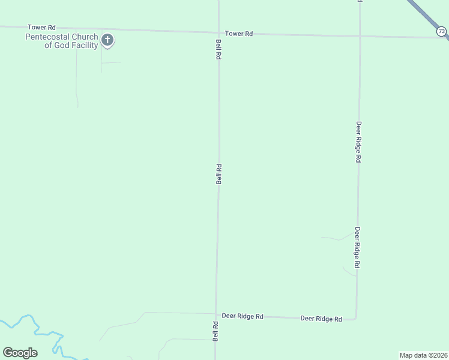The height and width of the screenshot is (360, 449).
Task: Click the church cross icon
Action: pyautogui.click(x=107, y=41)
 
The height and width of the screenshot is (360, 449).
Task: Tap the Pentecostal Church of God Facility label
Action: pyautogui.click(x=61, y=41)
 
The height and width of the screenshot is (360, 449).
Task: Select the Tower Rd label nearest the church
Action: pyautogui.click(x=41, y=28)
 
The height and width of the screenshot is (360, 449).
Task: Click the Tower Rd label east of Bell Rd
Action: pyautogui.click(x=239, y=34)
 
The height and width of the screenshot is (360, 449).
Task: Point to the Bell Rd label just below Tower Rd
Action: pyautogui.click(x=219, y=49)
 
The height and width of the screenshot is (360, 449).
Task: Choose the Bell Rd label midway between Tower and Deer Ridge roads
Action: pyautogui.click(x=219, y=174)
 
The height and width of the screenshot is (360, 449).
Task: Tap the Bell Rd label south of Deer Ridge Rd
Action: pyautogui.click(x=215, y=331)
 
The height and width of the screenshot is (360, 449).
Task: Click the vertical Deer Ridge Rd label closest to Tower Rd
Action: pyautogui.click(x=358, y=142)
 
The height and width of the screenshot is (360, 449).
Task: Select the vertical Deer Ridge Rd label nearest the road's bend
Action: pyautogui.click(x=357, y=247)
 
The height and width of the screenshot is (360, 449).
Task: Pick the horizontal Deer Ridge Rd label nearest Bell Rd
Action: pyautogui.click(x=243, y=316)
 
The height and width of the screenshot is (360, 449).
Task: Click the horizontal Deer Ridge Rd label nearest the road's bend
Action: pyautogui.click(x=321, y=319)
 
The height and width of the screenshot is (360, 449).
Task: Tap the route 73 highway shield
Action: pyautogui.click(x=442, y=31)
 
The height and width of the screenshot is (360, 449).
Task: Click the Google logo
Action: pyautogui.click(x=20, y=353)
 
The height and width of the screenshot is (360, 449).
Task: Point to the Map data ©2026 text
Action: pyautogui.click(x=424, y=355)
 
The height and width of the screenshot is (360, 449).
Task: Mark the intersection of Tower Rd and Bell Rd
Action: pyautogui.click(x=218, y=32)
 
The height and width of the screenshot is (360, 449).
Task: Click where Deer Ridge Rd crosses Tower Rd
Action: pyautogui.click(x=360, y=36)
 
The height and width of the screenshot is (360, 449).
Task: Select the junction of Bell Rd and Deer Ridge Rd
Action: pyautogui.click(x=216, y=314)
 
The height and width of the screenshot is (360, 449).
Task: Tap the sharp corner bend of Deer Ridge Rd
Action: pyautogui.click(x=356, y=318)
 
